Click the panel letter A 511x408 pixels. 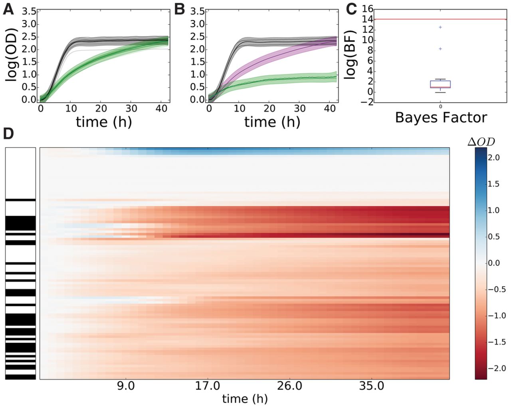[x=8, y=9]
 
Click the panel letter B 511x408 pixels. [x=180, y=9]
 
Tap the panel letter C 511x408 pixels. [x=351, y=9]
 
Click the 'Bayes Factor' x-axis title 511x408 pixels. [x=441, y=117]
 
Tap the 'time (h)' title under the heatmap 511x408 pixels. [x=245, y=398]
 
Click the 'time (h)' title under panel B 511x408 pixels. [x=272, y=121]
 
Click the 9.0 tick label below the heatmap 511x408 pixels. [x=126, y=386]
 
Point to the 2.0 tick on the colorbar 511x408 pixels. [x=494, y=158]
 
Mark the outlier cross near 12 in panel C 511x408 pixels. [x=440, y=27]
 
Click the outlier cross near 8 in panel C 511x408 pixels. [x=440, y=49]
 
